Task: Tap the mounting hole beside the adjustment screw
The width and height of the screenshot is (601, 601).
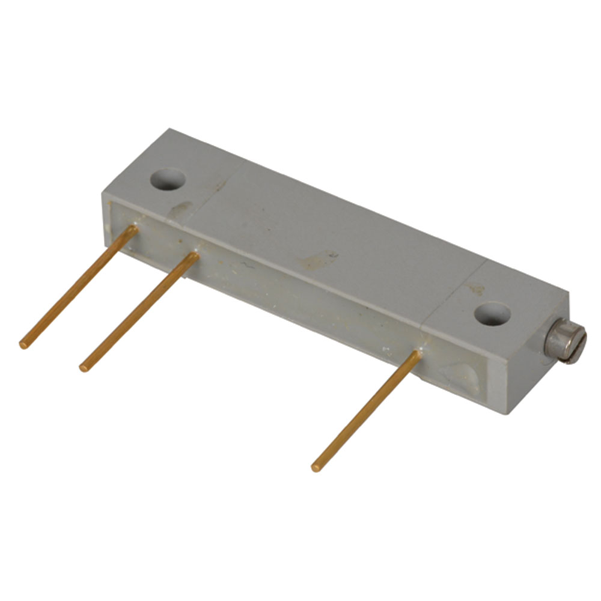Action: click(492, 314)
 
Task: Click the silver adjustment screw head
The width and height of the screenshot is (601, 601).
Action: click(565, 343)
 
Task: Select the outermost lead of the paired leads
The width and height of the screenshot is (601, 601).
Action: click(78, 286)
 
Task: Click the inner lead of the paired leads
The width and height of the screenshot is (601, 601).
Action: click(139, 311)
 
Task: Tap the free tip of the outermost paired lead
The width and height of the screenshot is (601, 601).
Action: click(23, 345)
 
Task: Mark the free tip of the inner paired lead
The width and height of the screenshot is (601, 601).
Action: click(84, 367)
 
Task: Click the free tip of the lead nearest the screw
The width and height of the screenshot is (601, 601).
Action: click(315, 467)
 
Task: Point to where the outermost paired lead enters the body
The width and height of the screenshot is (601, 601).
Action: click(133, 228)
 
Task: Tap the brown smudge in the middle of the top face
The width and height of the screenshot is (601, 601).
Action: click(317, 260)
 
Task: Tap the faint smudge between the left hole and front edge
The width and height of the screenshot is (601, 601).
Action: click(180, 209)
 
